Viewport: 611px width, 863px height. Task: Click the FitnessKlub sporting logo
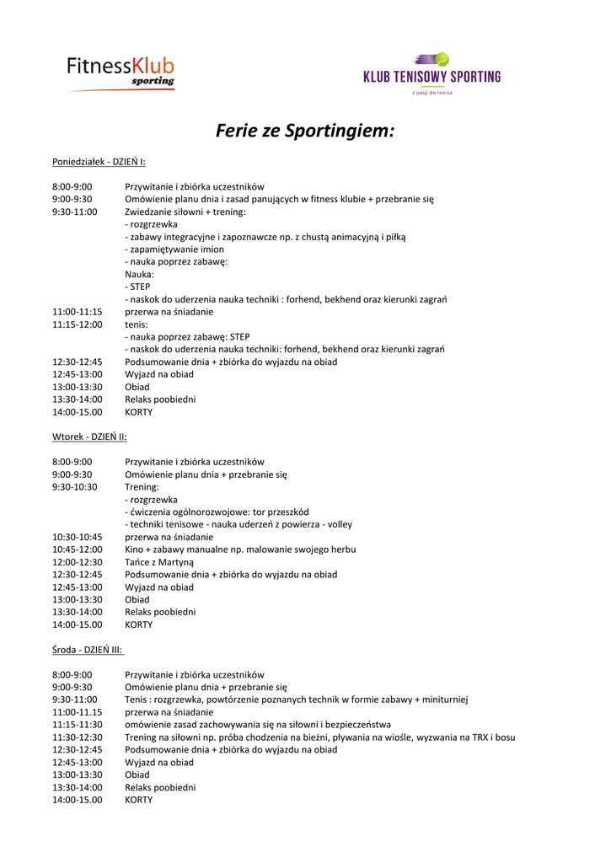click(x=121, y=71)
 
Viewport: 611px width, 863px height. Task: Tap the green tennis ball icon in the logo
click(x=441, y=60)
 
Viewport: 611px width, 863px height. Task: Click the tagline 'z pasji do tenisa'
click(x=431, y=93)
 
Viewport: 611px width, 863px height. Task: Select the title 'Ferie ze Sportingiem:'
click(x=305, y=131)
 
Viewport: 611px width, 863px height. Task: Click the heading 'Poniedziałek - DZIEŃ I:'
click(x=99, y=161)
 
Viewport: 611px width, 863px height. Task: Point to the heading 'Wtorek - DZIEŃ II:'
click(x=89, y=437)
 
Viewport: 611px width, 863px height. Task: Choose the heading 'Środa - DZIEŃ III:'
click(x=88, y=650)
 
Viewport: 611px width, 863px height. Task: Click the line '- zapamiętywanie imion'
click(x=174, y=249)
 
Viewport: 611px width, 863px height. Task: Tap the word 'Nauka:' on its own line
click(x=140, y=274)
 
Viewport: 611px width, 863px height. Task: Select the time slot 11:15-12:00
click(x=78, y=324)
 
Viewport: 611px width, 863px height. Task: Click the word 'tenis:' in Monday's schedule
click(x=137, y=324)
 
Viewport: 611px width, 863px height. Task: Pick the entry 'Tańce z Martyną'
click(x=159, y=561)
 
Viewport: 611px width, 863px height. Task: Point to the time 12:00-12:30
click(x=78, y=561)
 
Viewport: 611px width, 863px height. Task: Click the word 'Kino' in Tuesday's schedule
click(x=135, y=549)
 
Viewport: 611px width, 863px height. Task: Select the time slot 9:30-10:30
click(x=75, y=486)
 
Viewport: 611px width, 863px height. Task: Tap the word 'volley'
click(x=340, y=524)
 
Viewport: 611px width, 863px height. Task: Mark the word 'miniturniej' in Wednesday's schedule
click(x=445, y=699)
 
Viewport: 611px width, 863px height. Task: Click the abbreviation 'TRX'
click(x=476, y=737)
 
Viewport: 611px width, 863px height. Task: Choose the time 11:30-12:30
click(x=78, y=737)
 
